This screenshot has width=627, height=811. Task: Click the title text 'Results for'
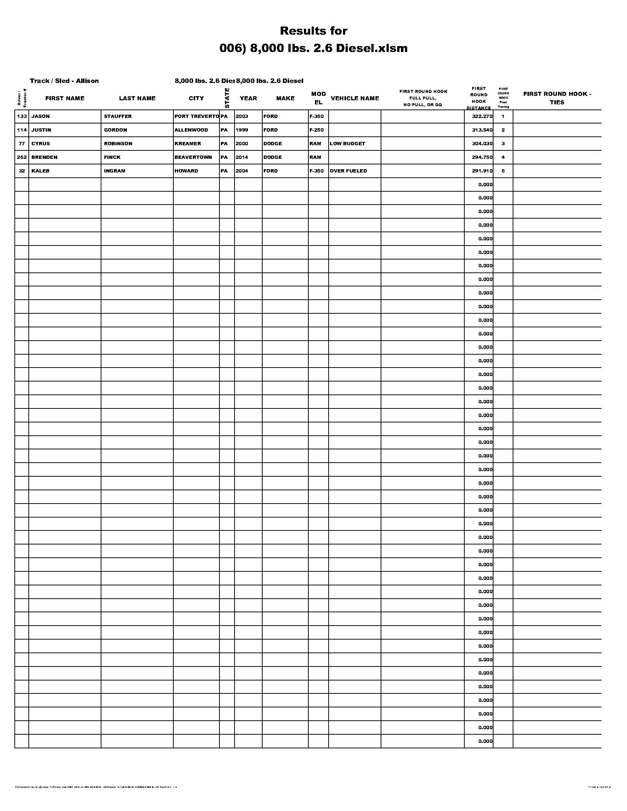(x=313, y=31)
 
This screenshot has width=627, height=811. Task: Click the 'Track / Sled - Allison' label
(x=64, y=81)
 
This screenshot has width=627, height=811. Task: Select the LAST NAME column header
(x=137, y=98)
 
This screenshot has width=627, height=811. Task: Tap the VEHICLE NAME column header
(x=355, y=98)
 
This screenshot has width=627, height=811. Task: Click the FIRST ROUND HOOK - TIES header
(x=557, y=98)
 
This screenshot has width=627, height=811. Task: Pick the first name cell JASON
(x=41, y=116)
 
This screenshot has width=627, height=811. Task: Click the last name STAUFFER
(x=118, y=116)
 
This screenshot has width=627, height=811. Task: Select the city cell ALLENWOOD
(x=191, y=130)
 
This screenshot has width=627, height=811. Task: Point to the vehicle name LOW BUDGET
(x=347, y=144)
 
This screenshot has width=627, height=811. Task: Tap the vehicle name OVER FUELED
(x=349, y=171)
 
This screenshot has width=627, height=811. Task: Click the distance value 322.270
(x=482, y=116)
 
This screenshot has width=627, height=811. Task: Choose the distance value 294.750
(x=482, y=157)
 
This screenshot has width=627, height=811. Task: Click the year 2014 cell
(x=242, y=157)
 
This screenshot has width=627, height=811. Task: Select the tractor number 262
(x=22, y=157)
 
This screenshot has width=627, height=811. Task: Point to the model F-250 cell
(x=316, y=130)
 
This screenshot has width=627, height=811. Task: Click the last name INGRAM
(x=114, y=171)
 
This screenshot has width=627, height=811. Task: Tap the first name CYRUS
(x=41, y=144)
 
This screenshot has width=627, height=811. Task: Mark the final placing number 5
(x=503, y=171)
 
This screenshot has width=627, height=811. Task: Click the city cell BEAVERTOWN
(x=193, y=157)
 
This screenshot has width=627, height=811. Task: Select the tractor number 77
(x=22, y=144)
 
